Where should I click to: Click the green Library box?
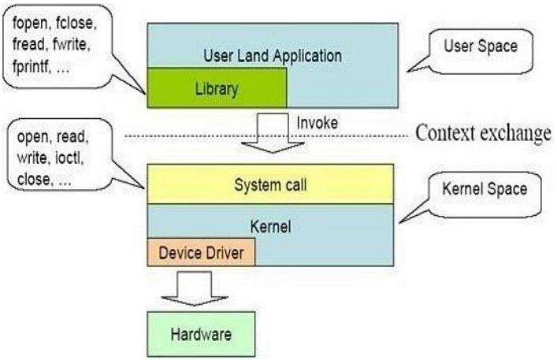(x=216, y=87)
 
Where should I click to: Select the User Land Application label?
(x=272, y=56)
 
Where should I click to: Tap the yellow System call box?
(x=270, y=185)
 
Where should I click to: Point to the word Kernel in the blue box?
(x=270, y=226)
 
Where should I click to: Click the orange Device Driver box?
(x=202, y=253)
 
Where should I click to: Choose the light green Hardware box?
(x=201, y=333)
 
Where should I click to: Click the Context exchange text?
(x=483, y=133)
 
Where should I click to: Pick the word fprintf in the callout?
(x=36, y=69)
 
